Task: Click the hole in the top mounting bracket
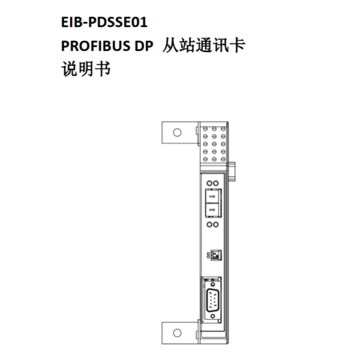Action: click(177, 132)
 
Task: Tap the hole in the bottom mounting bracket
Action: click(177, 333)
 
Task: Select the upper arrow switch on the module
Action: click(212, 197)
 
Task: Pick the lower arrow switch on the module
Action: click(212, 209)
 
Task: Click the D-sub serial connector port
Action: click(212, 300)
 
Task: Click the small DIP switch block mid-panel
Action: click(215, 255)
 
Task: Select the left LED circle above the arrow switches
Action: click(208, 184)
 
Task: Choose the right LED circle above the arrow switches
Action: click(216, 184)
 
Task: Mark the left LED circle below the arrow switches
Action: click(208, 224)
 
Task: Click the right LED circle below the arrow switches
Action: click(216, 224)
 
